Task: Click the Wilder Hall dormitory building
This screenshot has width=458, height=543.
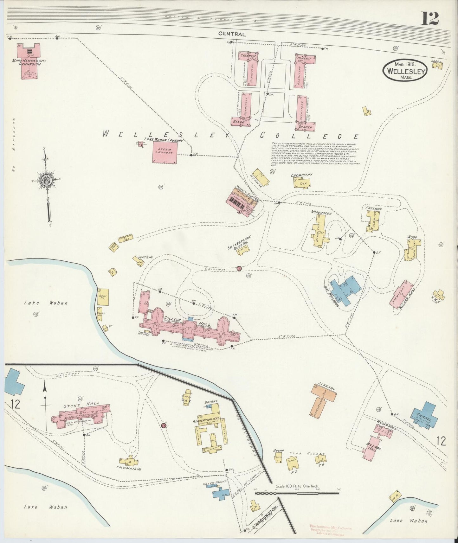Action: [x=401, y=293]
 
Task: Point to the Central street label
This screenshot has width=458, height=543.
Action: [x=231, y=34]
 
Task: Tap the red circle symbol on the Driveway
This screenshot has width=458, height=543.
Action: [x=239, y=268]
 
